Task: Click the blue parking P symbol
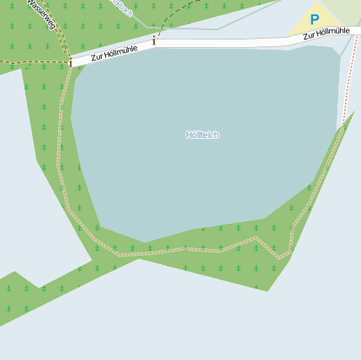coord(315,19)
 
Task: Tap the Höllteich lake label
coord(202,135)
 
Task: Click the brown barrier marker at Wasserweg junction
coord(70,62)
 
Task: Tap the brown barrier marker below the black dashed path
coord(154,40)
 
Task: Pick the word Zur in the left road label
coord(96,57)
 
